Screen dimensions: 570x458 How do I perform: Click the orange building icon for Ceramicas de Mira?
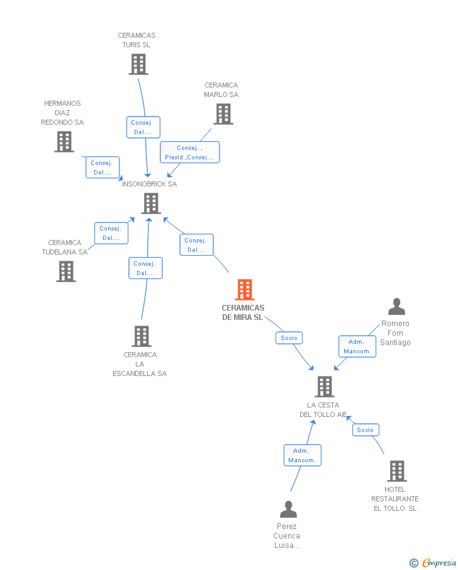(245, 290)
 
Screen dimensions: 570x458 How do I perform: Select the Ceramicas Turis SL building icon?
(138, 64)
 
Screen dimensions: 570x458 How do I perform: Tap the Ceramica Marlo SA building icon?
(223, 114)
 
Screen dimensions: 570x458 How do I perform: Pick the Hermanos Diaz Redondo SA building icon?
(64, 142)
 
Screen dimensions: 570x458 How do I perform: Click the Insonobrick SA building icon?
(151, 203)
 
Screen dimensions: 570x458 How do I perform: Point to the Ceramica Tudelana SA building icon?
(65, 271)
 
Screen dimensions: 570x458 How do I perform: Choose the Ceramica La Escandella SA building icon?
(142, 336)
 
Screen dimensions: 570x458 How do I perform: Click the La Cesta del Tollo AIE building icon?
(324, 387)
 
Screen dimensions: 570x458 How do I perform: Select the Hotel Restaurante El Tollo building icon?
(396, 471)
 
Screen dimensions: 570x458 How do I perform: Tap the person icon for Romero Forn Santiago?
(396, 307)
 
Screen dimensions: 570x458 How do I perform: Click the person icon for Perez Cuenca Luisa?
(288, 509)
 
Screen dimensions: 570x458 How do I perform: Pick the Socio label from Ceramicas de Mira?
(289, 338)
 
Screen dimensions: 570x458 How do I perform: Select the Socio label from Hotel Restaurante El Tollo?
(366, 430)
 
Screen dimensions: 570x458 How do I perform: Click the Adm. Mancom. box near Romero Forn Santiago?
(357, 346)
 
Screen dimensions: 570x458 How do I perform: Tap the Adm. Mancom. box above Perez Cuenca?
(302, 455)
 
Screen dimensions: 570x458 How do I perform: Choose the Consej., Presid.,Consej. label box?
(189, 152)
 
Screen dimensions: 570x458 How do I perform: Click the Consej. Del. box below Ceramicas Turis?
(143, 127)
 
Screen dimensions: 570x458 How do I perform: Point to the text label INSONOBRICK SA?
(150, 184)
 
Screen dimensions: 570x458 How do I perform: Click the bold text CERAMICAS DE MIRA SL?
(243, 312)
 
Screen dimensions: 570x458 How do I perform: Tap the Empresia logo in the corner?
(433, 562)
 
